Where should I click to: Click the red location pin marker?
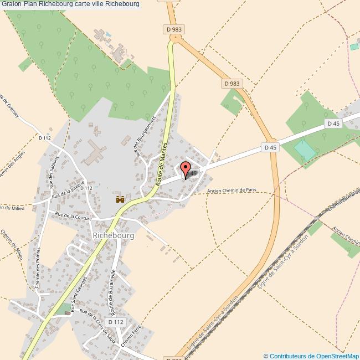[x=186, y=169]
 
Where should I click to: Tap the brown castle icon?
[x=119, y=199]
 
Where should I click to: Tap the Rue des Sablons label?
[x=53, y=178]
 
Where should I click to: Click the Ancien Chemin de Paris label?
[x=233, y=192]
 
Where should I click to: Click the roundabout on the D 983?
[x=175, y=39]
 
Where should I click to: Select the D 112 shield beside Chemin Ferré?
[x=117, y=322]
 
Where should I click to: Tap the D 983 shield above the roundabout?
[x=174, y=29]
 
